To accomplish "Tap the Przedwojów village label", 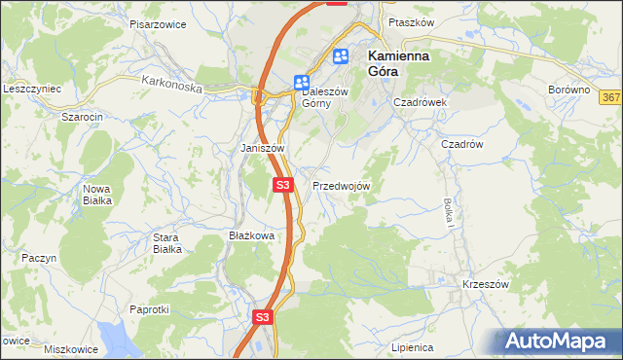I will click(x=341, y=185).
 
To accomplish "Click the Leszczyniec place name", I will click(x=32, y=89).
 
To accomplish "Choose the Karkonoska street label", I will click(x=170, y=86).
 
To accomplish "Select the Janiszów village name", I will click(x=262, y=148).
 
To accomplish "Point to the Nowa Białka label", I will click(x=97, y=194).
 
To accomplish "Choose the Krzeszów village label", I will click(x=487, y=284).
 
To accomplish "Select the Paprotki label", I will click(x=150, y=309).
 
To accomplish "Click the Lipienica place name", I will click(x=412, y=346).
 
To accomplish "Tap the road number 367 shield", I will click(x=610, y=97).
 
